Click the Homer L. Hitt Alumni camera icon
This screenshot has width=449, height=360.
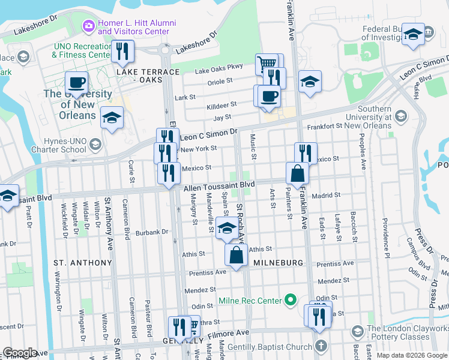coord(89,25)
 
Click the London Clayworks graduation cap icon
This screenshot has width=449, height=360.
coord(357,332)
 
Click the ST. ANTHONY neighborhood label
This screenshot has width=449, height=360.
coord(83,263)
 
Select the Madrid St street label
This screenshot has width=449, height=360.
coord(325,195)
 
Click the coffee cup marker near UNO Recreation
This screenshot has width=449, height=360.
coord(76,83)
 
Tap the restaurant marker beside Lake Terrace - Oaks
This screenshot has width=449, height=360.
coord(123,52)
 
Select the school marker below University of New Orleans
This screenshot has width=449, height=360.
coord(112,119)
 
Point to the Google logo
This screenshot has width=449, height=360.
coord(20,353)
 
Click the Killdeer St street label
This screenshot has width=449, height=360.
coord(221,104)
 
